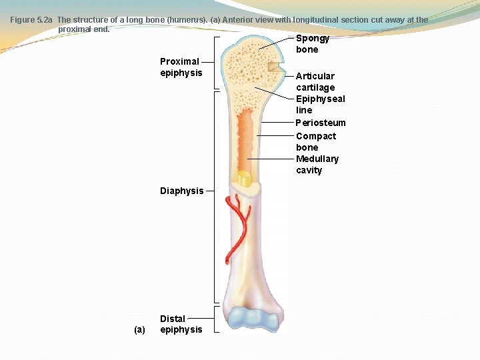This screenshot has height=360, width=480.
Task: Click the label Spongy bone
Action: [x=312, y=44]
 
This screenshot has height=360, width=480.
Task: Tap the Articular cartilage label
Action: [x=315, y=81]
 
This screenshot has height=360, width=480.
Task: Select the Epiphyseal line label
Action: [x=320, y=104]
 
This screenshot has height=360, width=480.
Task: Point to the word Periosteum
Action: [x=321, y=123]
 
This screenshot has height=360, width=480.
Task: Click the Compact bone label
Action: [x=316, y=141]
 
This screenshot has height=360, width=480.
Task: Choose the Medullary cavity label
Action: [x=317, y=164]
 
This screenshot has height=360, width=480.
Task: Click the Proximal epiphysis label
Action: [x=181, y=67]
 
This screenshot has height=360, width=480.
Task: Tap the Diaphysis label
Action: [x=181, y=191]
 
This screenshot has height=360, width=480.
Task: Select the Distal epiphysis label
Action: [x=181, y=324]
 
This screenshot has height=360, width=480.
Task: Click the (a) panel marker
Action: [x=139, y=329]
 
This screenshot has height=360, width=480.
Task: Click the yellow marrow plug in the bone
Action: [x=244, y=179]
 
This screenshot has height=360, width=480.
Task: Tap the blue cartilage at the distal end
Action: [x=251, y=320]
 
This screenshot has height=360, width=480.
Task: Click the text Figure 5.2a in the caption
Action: [x=31, y=20]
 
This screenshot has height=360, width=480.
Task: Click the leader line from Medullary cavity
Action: [x=270, y=159]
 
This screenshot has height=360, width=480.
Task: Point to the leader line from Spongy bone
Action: [x=276, y=43]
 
